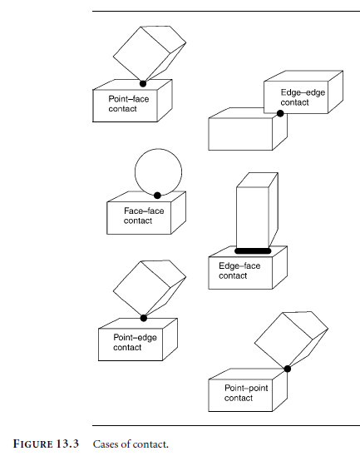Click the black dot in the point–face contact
click(143, 84)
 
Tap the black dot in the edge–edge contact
click(280, 113)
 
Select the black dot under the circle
click(157, 196)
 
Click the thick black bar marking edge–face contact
click(253, 251)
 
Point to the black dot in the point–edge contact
click(144, 318)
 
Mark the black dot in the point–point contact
click(288, 369)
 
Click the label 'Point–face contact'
click(129, 104)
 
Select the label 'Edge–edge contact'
click(303, 97)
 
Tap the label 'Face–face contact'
click(144, 216)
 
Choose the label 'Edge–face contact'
click(239, 270)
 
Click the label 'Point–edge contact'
click(136, 342)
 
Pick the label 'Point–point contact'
click(246, 393)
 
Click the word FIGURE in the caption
click(32, 444)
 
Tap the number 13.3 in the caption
click(67, 444)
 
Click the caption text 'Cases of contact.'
click(131, 444)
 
